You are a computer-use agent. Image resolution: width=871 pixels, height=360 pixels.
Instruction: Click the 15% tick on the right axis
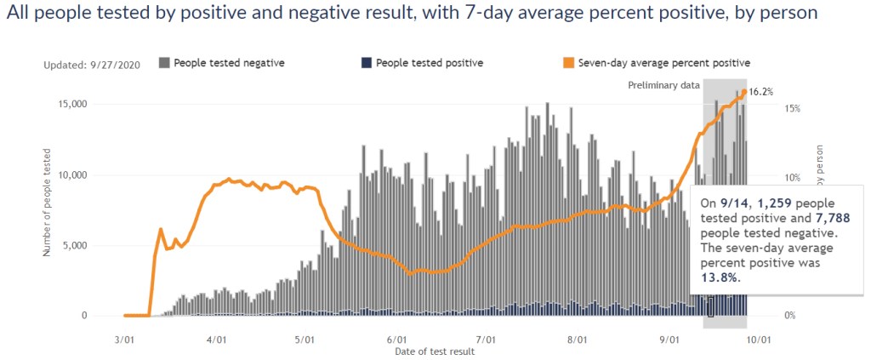pos(792,109)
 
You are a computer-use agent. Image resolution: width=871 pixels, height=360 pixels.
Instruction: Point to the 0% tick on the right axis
pos(789,316)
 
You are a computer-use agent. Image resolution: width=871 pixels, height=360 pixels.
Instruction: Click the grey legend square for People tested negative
pos(164,62)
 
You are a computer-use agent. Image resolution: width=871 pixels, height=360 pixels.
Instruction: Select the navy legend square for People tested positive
pos(367,62)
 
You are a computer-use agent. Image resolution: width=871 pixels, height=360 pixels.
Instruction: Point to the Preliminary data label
pos(663,85)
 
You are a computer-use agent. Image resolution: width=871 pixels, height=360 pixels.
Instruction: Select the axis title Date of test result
pos(435,351)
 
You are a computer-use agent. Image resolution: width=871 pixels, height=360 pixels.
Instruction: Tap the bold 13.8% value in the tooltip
pos(720,277)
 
